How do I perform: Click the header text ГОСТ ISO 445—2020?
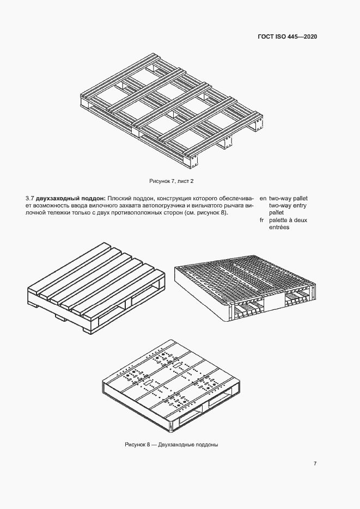287,36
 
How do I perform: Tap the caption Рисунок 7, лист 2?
172,180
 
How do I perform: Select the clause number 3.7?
30,198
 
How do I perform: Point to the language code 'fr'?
262,220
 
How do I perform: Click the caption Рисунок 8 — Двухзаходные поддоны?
172,445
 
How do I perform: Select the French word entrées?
279,227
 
